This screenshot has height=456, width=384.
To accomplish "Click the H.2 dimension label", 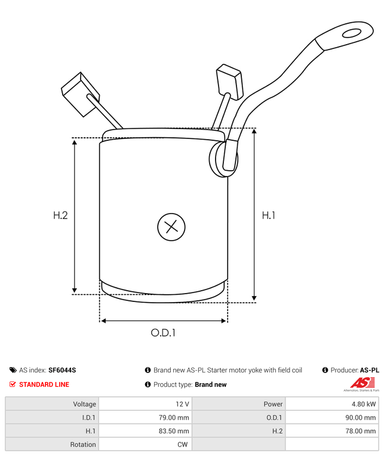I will tap(60, 215).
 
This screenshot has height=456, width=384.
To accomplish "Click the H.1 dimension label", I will tap(269, 215).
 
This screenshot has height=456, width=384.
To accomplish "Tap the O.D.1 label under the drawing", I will tap(163, 332).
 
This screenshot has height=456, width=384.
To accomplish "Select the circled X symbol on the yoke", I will tap(171, 227).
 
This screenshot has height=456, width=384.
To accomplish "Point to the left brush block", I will tap(76, 93).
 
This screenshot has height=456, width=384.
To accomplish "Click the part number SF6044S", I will tap(62, 370).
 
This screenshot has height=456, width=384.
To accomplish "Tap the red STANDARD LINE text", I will tap(44, 384).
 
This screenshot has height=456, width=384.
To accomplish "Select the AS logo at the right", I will tap(361, 383).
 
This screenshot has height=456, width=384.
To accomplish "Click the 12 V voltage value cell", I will tap(183, 404).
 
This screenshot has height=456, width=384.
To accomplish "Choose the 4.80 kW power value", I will tap(364, 404).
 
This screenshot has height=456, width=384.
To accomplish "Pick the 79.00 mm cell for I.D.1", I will tap(175, 417).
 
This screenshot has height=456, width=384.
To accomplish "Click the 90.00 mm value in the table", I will tap(362, 417).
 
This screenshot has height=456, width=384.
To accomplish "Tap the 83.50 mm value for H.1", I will tap(175, 431).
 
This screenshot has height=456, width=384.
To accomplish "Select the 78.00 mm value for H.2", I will tap(362, 431).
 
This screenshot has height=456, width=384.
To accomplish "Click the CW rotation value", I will tap(183, 444).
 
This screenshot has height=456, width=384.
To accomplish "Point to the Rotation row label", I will tap(82, 444).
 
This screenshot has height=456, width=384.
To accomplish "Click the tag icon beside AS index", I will tap(13, 370).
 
